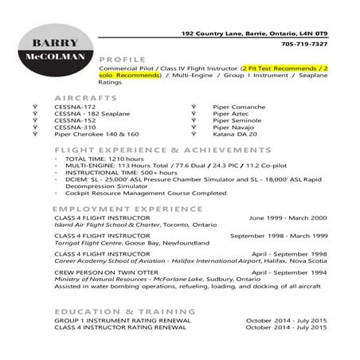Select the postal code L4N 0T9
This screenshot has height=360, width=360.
point(310,34)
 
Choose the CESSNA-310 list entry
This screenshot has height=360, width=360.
point(75,127)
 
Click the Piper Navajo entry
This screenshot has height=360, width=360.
point(233,127)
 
